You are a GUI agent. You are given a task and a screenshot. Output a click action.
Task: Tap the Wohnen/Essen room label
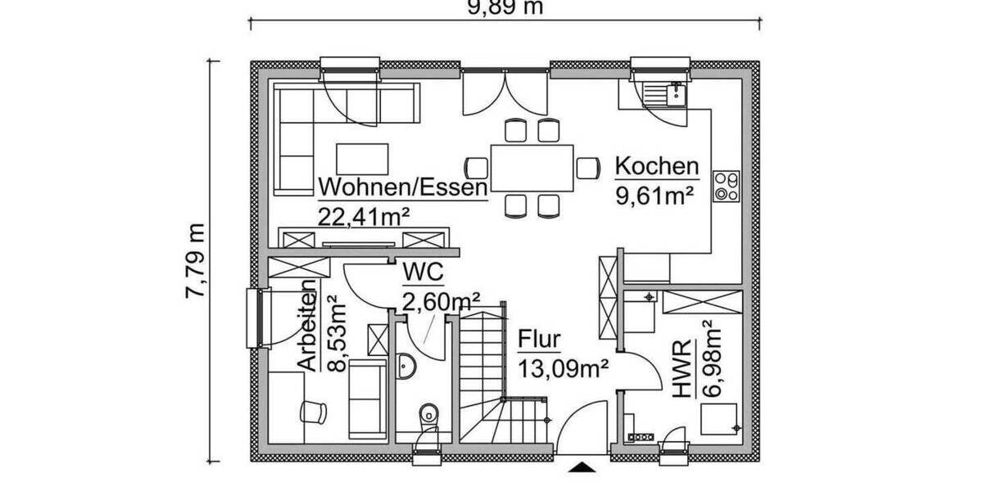pyautogui.click(x=402, y=187)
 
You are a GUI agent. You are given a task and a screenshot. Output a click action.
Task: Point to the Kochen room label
pyautogui.click(x=657, y=167)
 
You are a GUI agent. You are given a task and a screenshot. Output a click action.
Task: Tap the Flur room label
pyautogui.click(x=539, y=338)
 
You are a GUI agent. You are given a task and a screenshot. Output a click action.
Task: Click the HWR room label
pyautogui.click(x=682, y=372)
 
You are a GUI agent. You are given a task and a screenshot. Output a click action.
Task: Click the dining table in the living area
pyautogui.click(x=532, y=167)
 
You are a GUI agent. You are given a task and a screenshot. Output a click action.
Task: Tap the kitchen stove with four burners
pyautogui.click(x=727, y=186)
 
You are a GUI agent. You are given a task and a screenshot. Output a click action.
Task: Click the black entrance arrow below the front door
pyautogui.click(x=582, y=467)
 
